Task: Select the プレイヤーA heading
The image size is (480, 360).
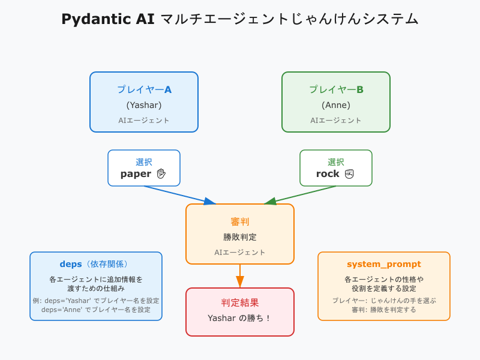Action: pyautogui.click(x=144, y=89)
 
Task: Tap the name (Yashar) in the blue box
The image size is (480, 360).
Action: pyautogui.click(x=144, y=105)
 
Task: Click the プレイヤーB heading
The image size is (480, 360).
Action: pyautogui.click(x=336, y=89)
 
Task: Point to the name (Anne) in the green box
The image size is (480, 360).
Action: pyautogui.click(x=336, y=105)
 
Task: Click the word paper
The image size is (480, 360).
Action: pyautogui.click(x=136, y=174)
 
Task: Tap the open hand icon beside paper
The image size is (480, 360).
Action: pyautogui.click(x=161, y=174)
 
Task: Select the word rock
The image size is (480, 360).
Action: pyautogui.click(x=328, y=174)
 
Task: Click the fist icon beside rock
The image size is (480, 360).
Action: pyautogui.click(x=350, y=174)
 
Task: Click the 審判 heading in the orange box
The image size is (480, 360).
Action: pyautogui.click(x=240, y=221)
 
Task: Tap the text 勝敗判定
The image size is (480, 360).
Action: pyautogui.click(x=240, y=237)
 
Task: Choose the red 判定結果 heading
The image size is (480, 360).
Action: pyautogui.click(x=240, y=302)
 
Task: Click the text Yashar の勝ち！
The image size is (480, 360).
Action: pyautogui.click(x=240, y=318)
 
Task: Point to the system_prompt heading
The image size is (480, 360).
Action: pyautogui.click(x=384, y=264)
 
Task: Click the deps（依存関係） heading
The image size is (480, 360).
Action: pyautogui.click(x=95, y=264)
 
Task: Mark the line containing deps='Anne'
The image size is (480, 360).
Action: pyautogui.click(x=96, y=310)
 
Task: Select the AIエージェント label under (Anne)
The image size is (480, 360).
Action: pyautogui.click(x=336, y=120)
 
